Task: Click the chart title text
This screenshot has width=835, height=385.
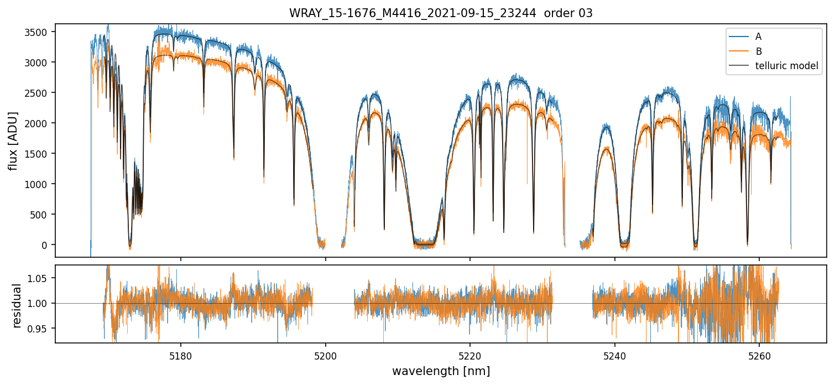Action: (441, 13)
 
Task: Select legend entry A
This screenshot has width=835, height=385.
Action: (758, 37)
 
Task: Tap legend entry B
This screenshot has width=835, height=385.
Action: (758, 51)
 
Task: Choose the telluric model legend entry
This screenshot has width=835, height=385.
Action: (786, 66)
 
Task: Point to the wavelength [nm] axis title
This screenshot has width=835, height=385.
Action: (441, 371)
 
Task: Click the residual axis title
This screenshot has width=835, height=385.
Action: (17, 305)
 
